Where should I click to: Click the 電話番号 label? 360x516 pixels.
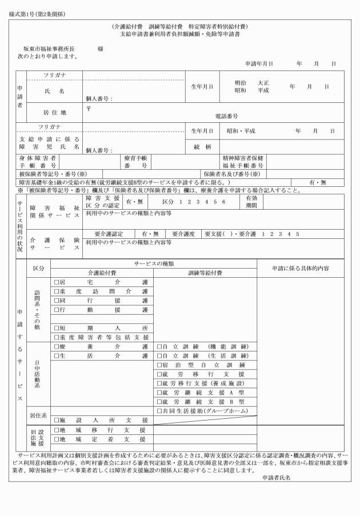click(226, 116)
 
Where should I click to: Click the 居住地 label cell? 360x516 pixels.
click(55, 113)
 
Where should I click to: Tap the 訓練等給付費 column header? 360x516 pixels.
click(205, 273)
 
